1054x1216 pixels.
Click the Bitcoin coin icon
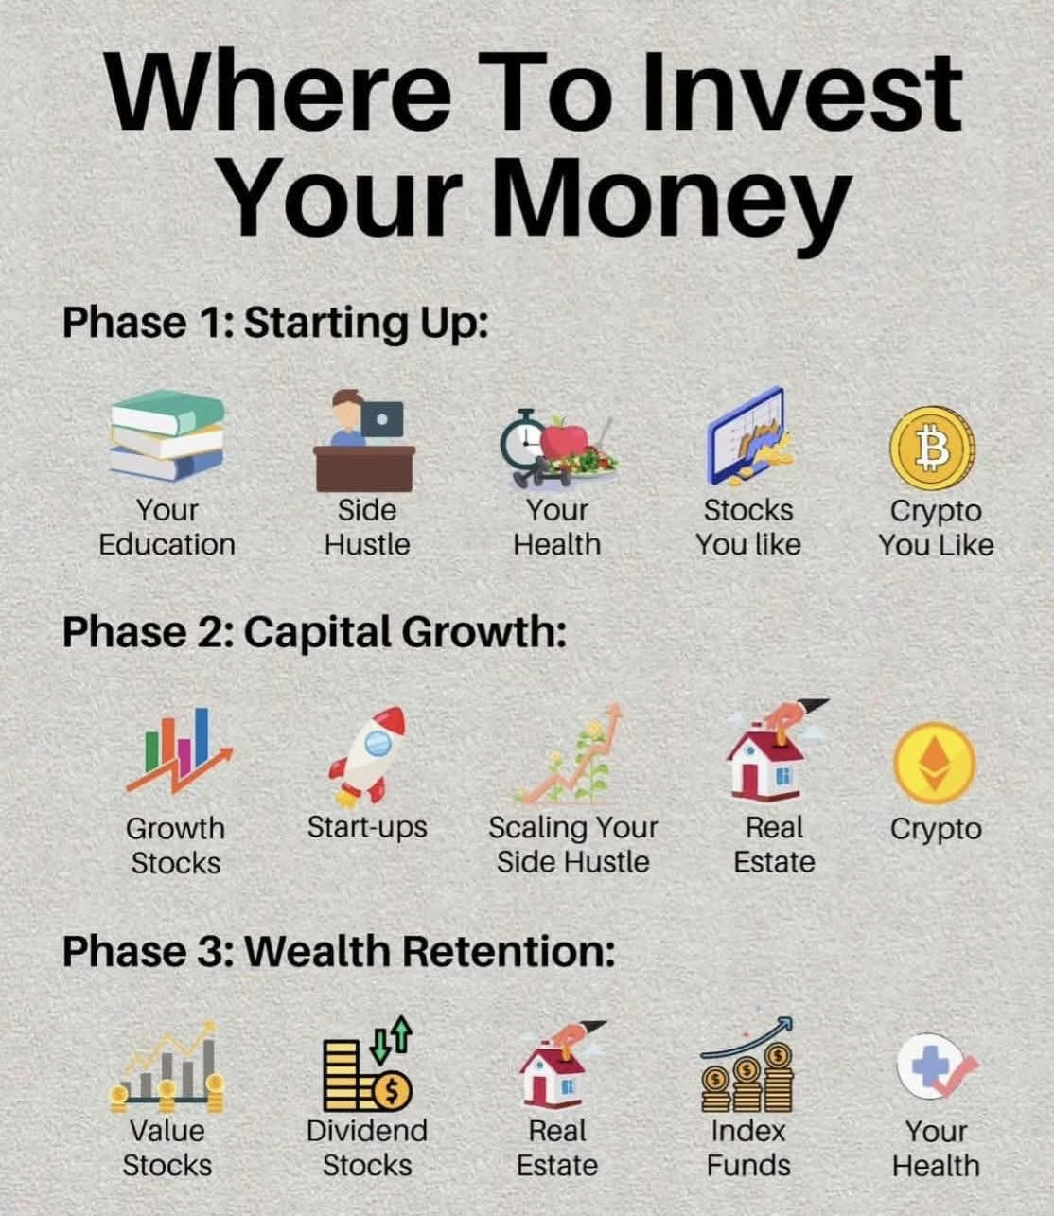click(x=932, y=449)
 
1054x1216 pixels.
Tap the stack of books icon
click(x=167, y=435)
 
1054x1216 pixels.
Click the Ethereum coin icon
click(x=935, y=763)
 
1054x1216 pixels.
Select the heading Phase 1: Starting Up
click(x=275, y=323)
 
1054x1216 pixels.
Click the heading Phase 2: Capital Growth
click(x=315, y=633)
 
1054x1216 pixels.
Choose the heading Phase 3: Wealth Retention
click(x=339, y=951)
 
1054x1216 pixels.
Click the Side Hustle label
click(x=367, y=527)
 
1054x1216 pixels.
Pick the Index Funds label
click(x=748, y=1148)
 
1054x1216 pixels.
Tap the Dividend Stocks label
click(x=367, y=1148)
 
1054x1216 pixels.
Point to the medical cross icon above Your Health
click(x=937, y=1066)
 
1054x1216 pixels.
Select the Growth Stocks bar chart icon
click(x=179, y=750)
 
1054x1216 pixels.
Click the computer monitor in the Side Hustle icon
click(x=381, y=419)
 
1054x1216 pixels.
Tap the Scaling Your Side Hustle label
click(x=572, y=845)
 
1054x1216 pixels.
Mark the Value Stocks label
click(x=167, y=1148)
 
